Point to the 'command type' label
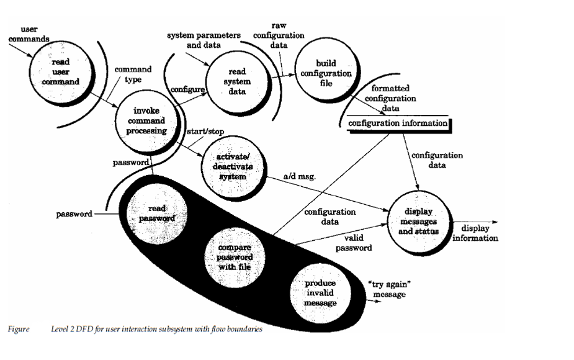[128, 74]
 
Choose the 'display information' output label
[476, 233]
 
